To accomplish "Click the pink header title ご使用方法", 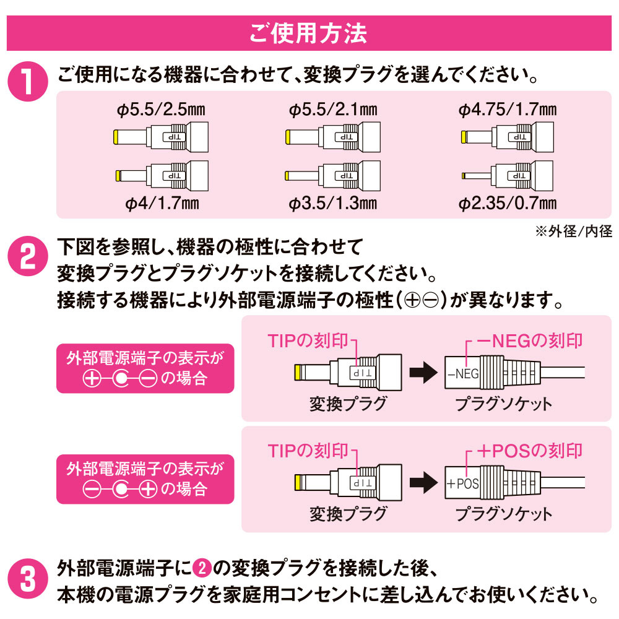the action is click(308, 33).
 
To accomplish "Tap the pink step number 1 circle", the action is click(28, 81).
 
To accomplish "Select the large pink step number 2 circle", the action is click(28, 256).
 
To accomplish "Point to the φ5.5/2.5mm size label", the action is click(161, 110).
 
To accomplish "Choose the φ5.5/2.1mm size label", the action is click(333, 110).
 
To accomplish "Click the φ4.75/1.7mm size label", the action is click(508, 110).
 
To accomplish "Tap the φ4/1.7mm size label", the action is click(162, 203).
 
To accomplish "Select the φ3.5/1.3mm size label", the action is click(333, 203).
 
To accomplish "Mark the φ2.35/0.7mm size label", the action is click(508, 203).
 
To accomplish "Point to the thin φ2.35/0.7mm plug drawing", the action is click(508, 176).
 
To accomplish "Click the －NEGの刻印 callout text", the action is click(529, 340).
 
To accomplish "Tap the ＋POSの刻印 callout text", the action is click(529, 451).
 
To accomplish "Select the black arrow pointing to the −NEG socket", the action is click(423, 372).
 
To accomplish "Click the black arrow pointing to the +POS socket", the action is click(423, 482).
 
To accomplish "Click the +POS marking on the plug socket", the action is click(462, 483).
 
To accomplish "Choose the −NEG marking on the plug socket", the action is click(462, 373).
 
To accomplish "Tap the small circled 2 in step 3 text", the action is click(202, 568).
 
